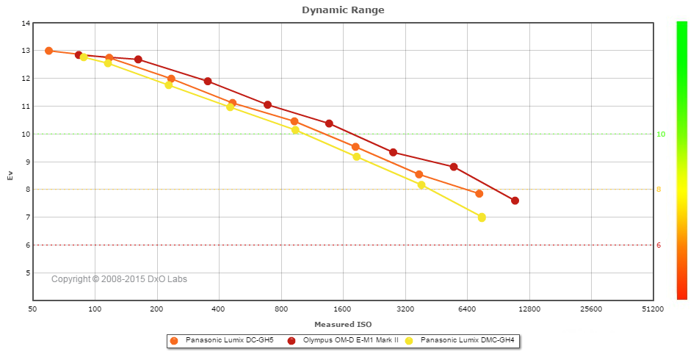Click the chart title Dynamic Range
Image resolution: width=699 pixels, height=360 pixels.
click(343, 10)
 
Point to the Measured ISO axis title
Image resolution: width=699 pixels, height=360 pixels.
click(343, 324)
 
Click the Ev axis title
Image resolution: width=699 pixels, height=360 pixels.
click(10, 176)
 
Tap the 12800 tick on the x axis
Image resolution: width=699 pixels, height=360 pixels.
click(529, 309)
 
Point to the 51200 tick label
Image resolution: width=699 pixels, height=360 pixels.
click(652, 309)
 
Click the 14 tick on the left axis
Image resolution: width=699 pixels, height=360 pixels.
click(26, 24)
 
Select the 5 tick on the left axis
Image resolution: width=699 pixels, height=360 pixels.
click(28, 273)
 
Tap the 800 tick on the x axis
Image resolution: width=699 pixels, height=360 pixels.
click(280, 309)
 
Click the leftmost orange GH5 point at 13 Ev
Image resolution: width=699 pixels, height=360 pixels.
click(48, 51)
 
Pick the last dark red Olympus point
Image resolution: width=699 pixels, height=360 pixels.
click(515, 201)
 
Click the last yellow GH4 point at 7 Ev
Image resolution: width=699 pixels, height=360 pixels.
click(482, 217)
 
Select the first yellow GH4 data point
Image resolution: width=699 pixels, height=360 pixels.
click(84, 57)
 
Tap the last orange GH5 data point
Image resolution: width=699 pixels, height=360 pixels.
click(479, 194)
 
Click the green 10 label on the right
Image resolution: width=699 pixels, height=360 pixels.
click(661, 134)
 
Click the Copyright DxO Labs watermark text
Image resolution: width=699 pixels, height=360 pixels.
click(118, 279)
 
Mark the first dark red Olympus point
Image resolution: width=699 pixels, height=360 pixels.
click(79, 55)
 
